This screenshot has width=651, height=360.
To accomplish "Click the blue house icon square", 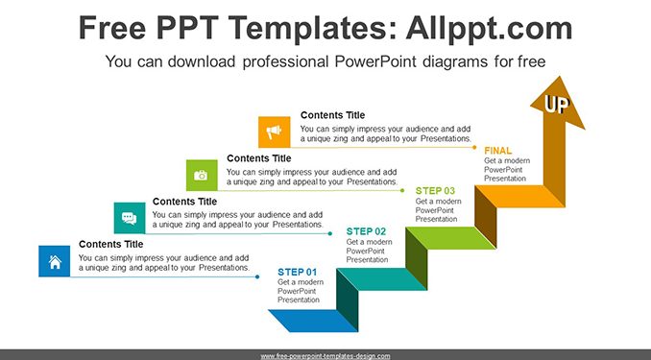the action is [x=55, y=261].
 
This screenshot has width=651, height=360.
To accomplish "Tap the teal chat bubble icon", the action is [x=130, y=218].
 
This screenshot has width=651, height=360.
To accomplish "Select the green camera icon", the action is [x=202, y=176].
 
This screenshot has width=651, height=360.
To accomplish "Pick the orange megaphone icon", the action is [x=274, y=132].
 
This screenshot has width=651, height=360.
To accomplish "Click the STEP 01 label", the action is [x=298, y=272].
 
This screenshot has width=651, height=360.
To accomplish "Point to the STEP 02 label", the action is [x=366, y=231].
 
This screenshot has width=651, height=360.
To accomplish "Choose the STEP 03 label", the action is [x=435, y=191].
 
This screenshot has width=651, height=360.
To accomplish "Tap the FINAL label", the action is [x=497, y=151].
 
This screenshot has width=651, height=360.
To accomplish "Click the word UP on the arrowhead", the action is [x=557, y=105].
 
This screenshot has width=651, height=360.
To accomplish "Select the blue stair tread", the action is [x=313, y=321].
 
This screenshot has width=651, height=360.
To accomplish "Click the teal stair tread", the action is [x=382, y=279].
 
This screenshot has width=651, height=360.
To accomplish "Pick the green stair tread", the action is [x=451, y=238].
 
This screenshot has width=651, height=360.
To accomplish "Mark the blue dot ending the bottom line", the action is [x=257, y=276].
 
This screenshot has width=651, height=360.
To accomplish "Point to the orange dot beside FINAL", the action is [x=474, y=147].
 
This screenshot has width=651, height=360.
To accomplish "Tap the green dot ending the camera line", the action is [x=402, y=191].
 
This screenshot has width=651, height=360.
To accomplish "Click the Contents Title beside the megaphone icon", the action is [x=332, y=115].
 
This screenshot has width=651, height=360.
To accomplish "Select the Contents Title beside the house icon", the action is [x=110, y=244].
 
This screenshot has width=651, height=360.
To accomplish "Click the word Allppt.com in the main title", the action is [x=489, y=28].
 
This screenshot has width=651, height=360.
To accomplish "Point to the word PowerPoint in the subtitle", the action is [x=374, y=61].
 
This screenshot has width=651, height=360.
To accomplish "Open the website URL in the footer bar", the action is [x=325, y=356].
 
